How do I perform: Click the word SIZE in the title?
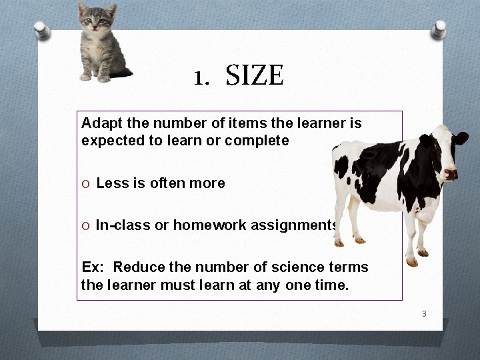pos(255,76)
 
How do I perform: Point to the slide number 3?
pos(423,313)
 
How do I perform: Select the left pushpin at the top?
pos(42,29)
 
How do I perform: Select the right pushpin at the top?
pos(439,28)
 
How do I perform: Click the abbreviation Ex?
pos(92,267)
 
